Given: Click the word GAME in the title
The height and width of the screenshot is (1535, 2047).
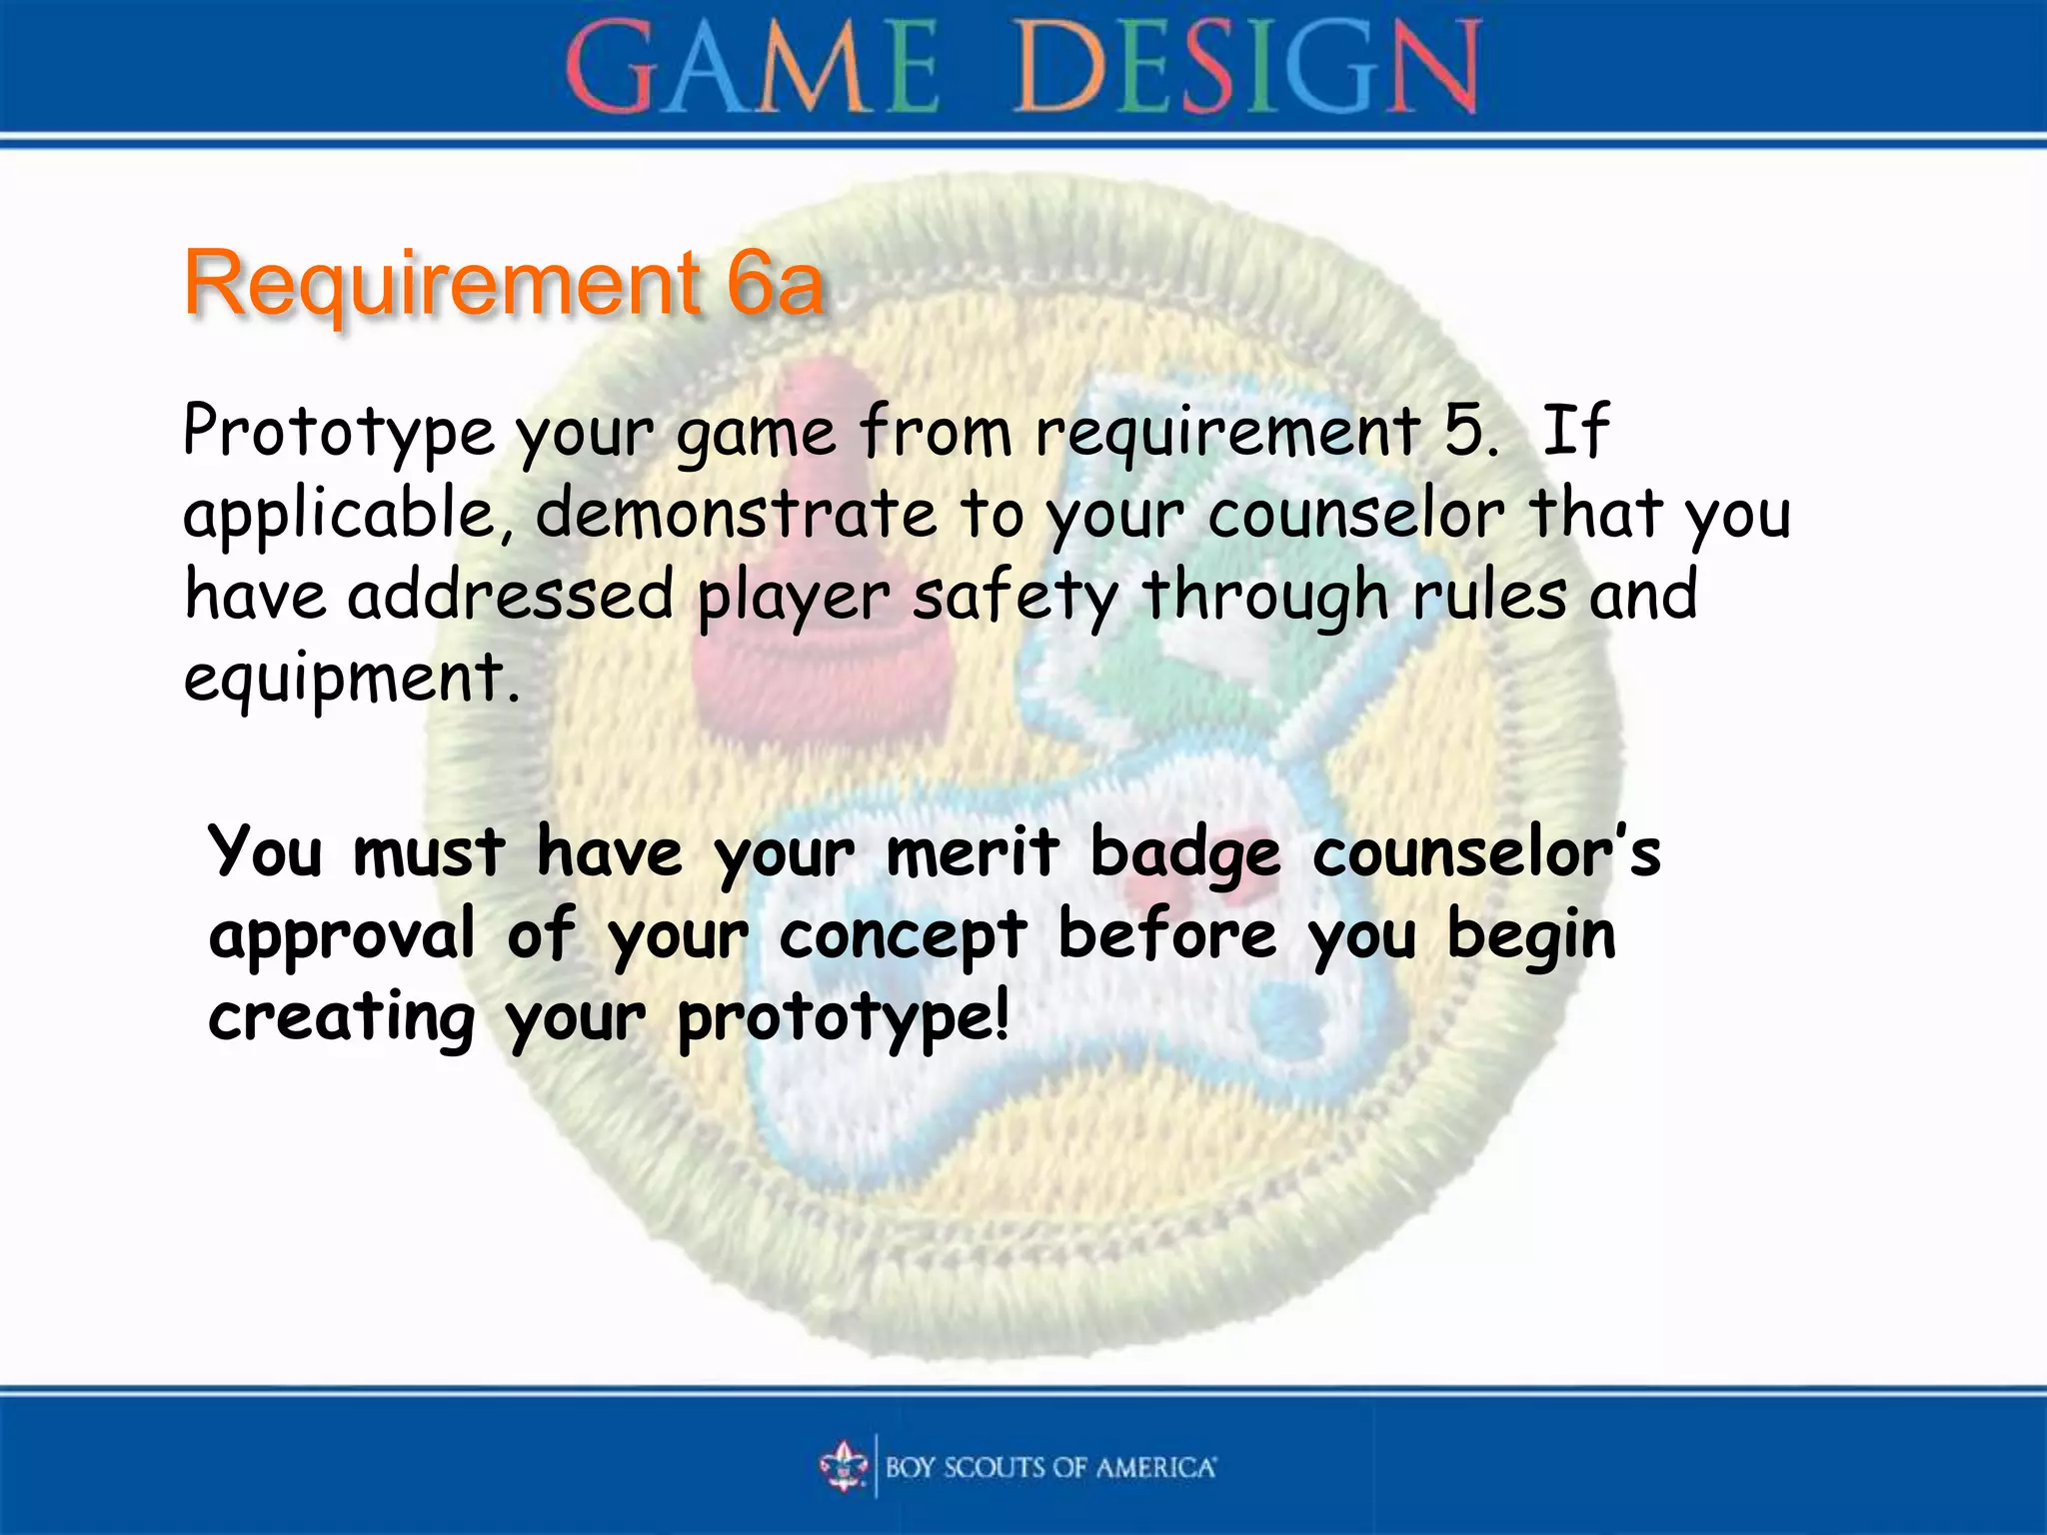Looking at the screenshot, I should [752, 68].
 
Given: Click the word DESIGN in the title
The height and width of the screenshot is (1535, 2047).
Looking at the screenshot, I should [1247, 68].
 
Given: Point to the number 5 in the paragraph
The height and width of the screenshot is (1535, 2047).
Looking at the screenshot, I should [1465, 432].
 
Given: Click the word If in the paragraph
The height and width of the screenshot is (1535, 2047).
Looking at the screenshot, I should [1575, 432].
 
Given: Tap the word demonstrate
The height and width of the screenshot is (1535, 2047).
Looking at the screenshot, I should [736, 514].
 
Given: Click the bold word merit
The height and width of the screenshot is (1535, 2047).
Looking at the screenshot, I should [972, 853].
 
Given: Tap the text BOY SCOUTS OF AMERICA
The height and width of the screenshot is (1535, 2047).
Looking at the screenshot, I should [1050, 1467].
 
